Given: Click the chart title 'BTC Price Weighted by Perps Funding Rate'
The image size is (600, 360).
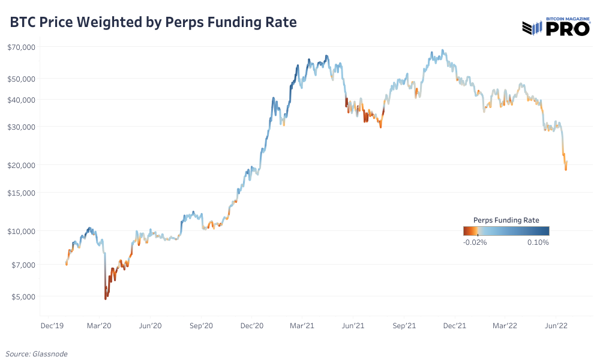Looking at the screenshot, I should click(x=153, y=23).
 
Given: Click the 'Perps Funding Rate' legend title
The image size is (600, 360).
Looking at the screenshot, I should click(x=506, y=220).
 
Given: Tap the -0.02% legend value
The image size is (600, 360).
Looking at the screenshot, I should click(x=476, y=242).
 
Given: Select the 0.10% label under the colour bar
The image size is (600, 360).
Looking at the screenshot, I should click(x=538, y=242).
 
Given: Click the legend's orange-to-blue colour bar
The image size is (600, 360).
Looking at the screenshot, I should click(x=506, y=231).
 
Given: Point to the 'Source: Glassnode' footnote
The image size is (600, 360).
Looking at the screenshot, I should click(x=37, y=354).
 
